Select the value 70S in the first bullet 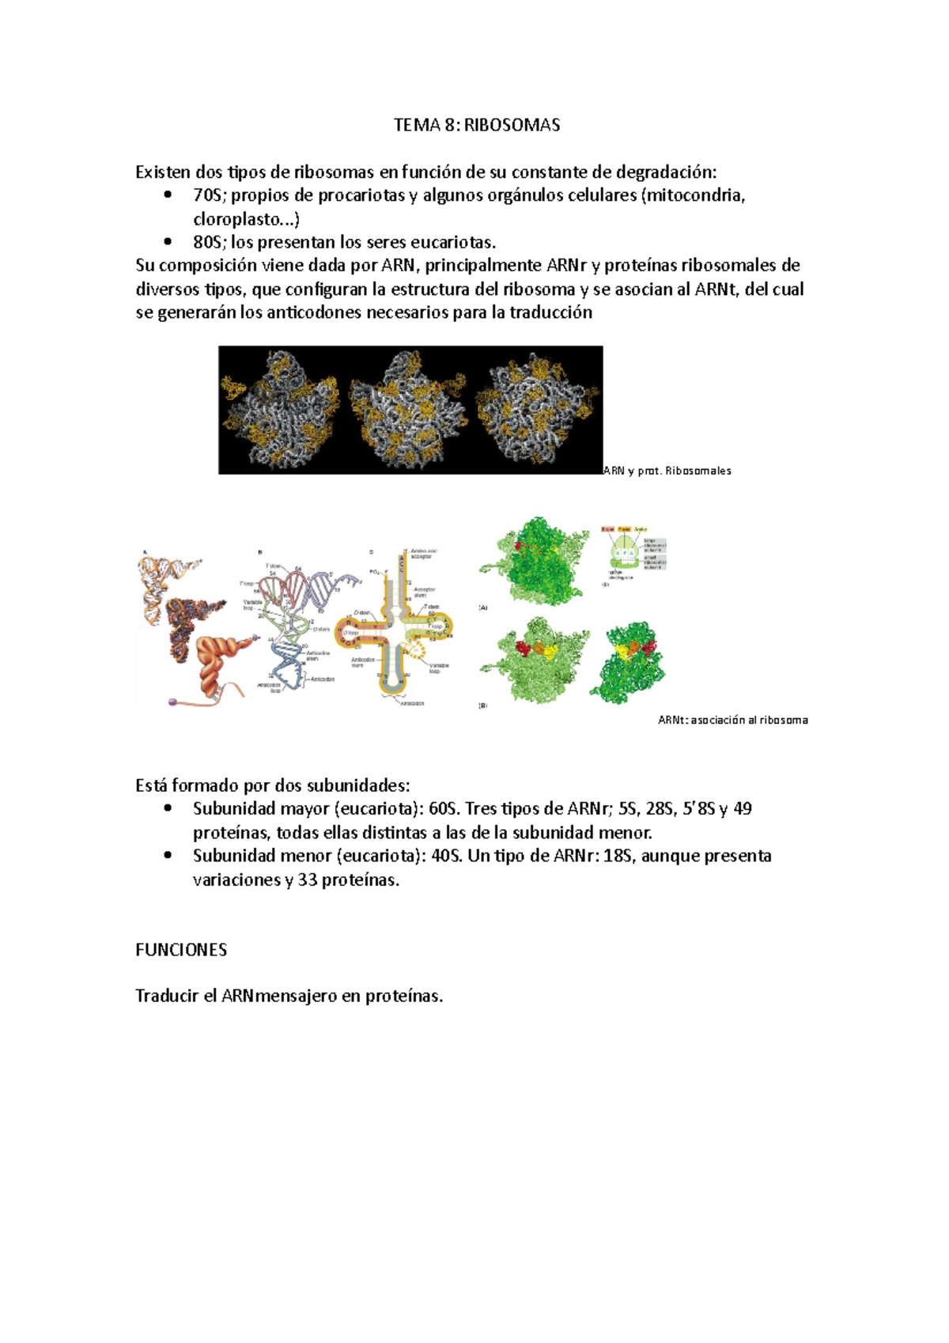click(x=209, y=195)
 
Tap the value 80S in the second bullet click(x=209, y=242)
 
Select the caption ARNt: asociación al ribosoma click(x=732, y=720)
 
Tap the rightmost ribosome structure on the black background click(x=538, y=410)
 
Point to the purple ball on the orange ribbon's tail click(x=173, y=702)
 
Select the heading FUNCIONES click(x=181, y=950)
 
